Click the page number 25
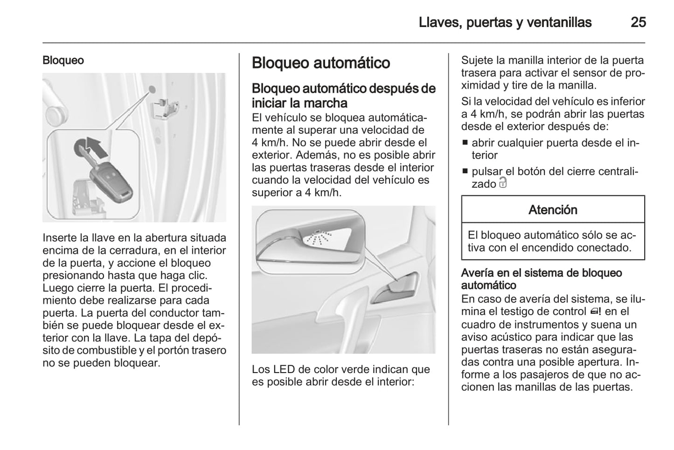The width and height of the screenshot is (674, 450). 638,22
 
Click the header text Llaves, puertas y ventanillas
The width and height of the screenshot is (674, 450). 505,22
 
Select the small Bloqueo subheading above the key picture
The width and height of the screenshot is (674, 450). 63,60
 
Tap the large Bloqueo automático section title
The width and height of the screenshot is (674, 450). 320,63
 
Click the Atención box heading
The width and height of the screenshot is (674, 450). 553,210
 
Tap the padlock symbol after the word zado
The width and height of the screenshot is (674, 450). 502,183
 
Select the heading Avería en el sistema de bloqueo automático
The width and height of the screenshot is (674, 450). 541,279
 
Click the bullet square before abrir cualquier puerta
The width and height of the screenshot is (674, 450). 465,143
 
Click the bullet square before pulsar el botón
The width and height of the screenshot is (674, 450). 465,172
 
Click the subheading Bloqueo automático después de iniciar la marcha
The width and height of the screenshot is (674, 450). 344,95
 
